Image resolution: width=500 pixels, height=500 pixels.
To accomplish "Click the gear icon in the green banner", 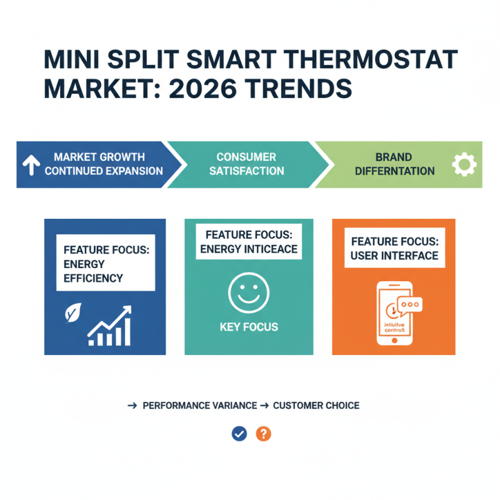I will pyautogui.click(x=464, y=165).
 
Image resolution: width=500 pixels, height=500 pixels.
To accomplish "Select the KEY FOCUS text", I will pyautogui.click(x=249, y=327).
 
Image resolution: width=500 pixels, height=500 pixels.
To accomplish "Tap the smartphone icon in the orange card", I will pyautogui.click(x=394, y=314).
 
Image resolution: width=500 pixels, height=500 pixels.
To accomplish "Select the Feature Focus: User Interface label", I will pyautogui.click(x=394, y=249).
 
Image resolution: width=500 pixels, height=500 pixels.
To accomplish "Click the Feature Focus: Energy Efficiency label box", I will pyautogui.click(x=105, y=263).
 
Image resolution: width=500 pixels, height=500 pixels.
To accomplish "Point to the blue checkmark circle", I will pyautogui.click(x=239, y=434).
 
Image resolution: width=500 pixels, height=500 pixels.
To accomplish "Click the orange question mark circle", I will pyautogui.click(x=264, y=434).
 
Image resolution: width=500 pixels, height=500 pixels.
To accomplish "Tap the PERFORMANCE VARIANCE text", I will pyautogui.click(x=199, y=406).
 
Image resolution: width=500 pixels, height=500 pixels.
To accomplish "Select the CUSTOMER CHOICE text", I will pyautogui.click(x=316, y=406).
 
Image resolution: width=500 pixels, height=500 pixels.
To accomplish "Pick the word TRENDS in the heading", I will pyautogui.click(x=302, y=88).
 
